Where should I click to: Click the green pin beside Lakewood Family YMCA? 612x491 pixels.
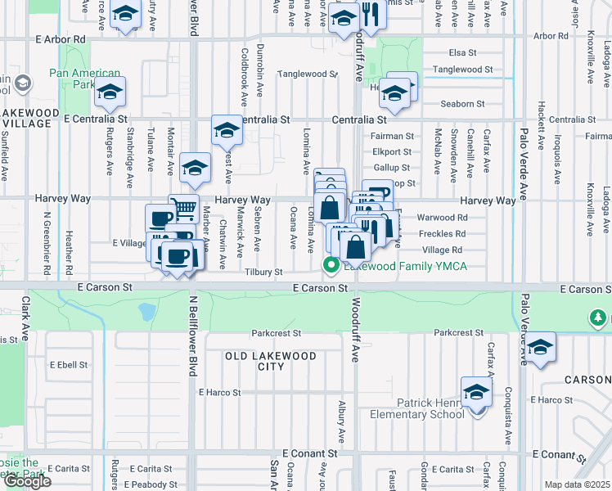tap(331, 264)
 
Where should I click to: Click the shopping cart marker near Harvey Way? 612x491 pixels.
tap(184, 209)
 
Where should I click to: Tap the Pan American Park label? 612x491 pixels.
tap(84, 79)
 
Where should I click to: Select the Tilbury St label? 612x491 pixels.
tap(263, 272)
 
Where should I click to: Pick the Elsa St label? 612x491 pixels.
tap(462, 52)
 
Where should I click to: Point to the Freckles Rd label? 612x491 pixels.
tap(442, 234)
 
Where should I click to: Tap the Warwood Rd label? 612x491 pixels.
tap(442, 218)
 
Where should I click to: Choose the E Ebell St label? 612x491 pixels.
tap(67, 364)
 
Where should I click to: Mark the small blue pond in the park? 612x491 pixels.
tap(147, 311)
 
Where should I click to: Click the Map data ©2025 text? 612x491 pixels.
tap(578, 484)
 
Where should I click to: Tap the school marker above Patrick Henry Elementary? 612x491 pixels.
tap(476, 391)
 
